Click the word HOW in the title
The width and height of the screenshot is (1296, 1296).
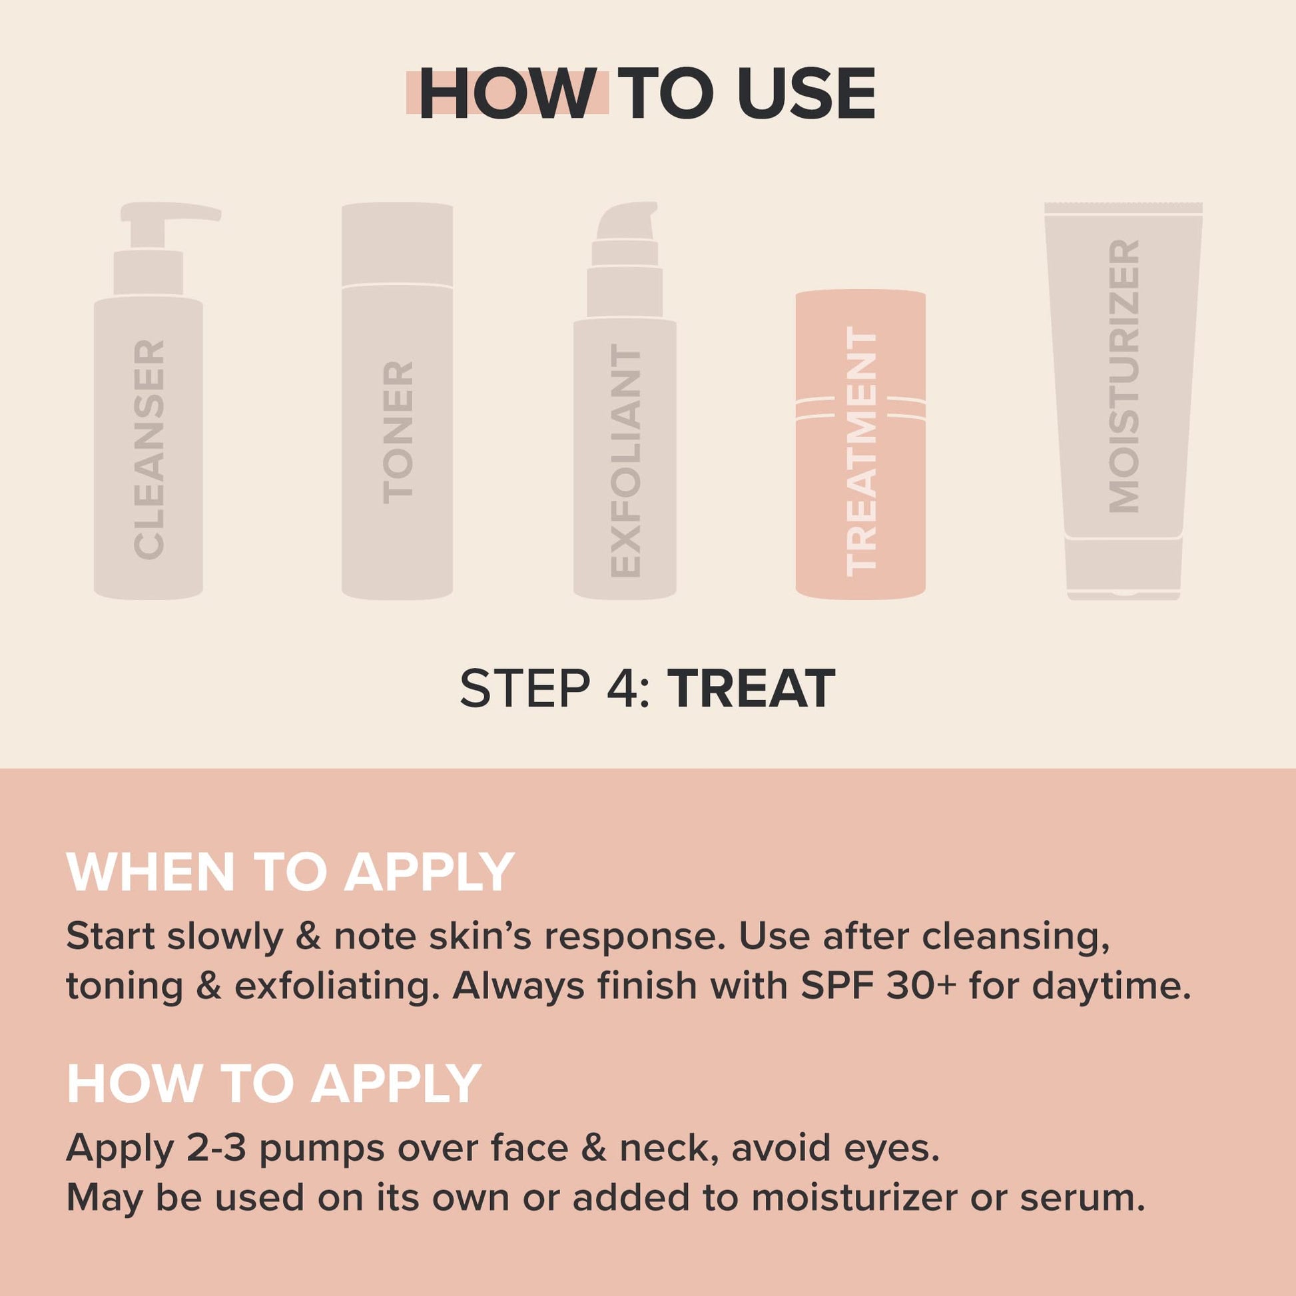(x=507, y=95)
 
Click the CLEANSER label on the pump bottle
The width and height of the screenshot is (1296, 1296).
(x=149, y=450)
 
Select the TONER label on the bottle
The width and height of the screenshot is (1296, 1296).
(x=398, y=433)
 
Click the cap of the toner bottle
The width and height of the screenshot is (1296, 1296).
(x=397, y=244)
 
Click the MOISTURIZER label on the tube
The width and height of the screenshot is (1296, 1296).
(x=1124, y=376)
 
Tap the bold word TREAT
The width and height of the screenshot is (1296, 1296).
(x=755, y=689)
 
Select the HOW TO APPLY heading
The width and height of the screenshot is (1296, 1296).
(x=274, y=1084)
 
